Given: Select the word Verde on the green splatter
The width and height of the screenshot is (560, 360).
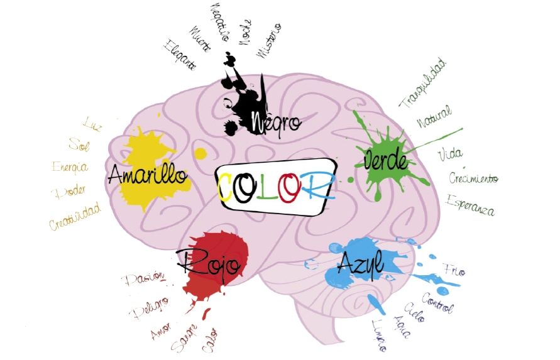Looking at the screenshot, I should [386, 161].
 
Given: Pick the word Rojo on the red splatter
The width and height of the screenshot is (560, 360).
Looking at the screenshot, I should [207, 263].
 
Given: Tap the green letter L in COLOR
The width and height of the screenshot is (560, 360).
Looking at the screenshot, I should [267, 185].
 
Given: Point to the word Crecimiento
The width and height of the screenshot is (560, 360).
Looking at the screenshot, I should [473, 178].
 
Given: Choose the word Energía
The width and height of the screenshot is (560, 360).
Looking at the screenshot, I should [70, 167].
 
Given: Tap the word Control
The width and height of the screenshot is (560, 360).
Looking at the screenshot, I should [437, 302].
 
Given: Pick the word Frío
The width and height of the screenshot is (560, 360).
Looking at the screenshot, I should [454, 271].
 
